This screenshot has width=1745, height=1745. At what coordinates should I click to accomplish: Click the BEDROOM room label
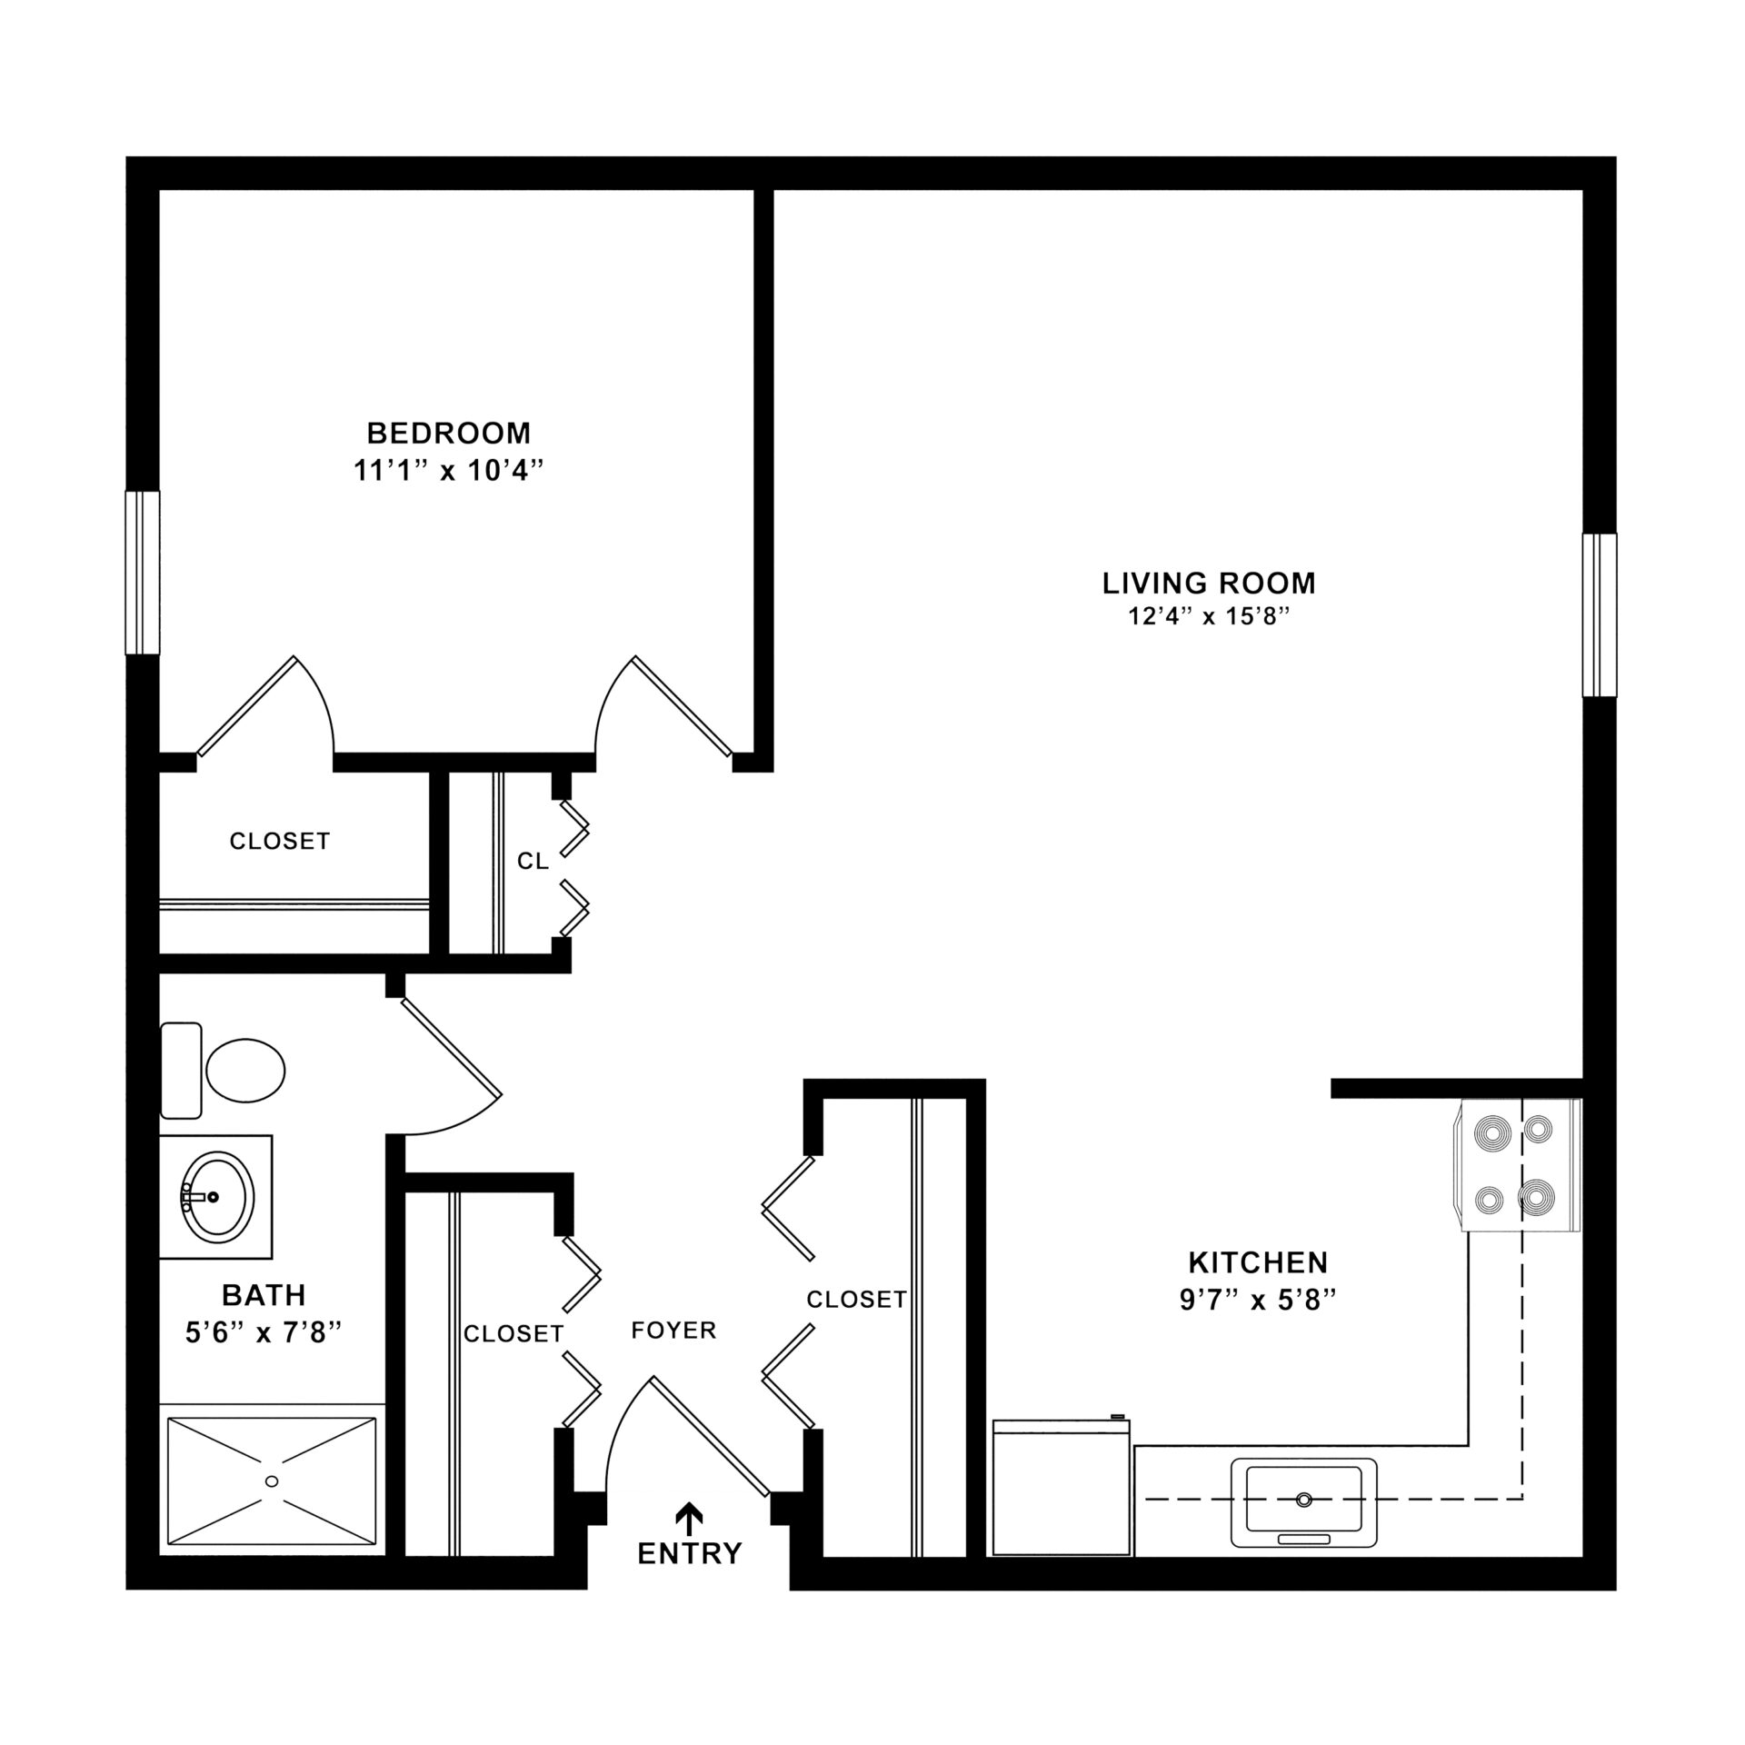(448, 433)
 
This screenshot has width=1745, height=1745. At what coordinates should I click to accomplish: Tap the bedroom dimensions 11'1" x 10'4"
(448, 471)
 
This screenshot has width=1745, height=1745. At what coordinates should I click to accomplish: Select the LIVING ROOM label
(1209, 583)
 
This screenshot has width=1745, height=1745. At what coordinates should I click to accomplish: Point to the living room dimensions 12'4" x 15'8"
(1209, 617)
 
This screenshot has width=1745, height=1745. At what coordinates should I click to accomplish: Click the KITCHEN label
(1258, 1262)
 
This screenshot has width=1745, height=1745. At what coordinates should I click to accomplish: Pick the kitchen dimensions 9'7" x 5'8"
(1258, 1301)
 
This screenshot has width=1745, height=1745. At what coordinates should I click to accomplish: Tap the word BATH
(264, 1294)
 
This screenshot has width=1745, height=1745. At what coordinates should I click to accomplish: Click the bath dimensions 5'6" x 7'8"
(264, 1332)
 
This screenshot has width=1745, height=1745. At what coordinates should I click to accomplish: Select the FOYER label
(673, 1331)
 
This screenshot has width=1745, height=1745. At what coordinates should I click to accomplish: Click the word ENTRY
(690, 1553)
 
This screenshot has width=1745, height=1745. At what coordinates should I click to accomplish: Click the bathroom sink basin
(218, 1197)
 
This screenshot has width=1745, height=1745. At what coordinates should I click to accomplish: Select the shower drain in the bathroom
(271, 1481)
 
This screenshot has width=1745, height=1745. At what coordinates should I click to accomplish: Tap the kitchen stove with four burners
(1520, 1166)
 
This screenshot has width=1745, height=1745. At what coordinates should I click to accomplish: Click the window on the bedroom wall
(143, 573)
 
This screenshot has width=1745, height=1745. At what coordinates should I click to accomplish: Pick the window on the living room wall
(1600, 615)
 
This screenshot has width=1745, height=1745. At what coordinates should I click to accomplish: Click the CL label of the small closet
(533, 861)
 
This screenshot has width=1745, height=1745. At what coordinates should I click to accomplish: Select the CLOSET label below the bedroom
(279, 842)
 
